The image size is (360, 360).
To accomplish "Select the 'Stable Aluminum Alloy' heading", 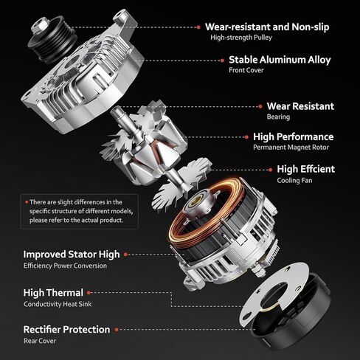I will [x=280, y=60].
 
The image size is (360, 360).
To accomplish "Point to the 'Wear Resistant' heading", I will [x=300, y=106].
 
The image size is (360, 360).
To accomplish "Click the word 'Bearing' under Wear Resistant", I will [x=278, y=117].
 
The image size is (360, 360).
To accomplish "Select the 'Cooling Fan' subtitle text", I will [x=295, y=180].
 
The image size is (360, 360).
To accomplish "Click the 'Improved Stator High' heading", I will [x=71, y=255].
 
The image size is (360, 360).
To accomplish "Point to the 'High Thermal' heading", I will [x=53, y=292].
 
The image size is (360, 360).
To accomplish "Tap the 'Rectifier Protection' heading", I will [x=66, y=329].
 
